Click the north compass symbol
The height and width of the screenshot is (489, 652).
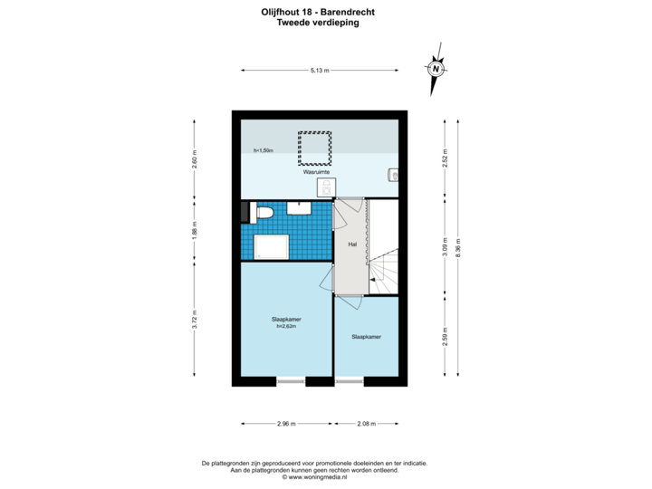pos(436,69)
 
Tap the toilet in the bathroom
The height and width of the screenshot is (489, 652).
pos(264,213)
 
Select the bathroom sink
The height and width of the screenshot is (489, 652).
pos(300,208)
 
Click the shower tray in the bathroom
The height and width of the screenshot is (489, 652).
pos(273,246)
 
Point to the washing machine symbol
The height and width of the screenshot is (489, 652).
pos(325,187)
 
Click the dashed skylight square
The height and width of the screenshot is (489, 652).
pos(313,148)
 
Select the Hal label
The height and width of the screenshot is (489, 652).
pos(352,244)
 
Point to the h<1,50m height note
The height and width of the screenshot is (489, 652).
pos(264,149)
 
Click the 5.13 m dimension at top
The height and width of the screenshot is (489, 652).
pos(320,70)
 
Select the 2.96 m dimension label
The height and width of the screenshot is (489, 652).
pos(287,423)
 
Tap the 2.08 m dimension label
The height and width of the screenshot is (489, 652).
pos(367,423)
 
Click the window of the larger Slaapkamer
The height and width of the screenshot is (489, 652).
pos(292,382)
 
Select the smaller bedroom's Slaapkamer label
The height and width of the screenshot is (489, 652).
pos(366,337)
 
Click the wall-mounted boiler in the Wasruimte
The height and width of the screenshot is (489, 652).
pos(392,175)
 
